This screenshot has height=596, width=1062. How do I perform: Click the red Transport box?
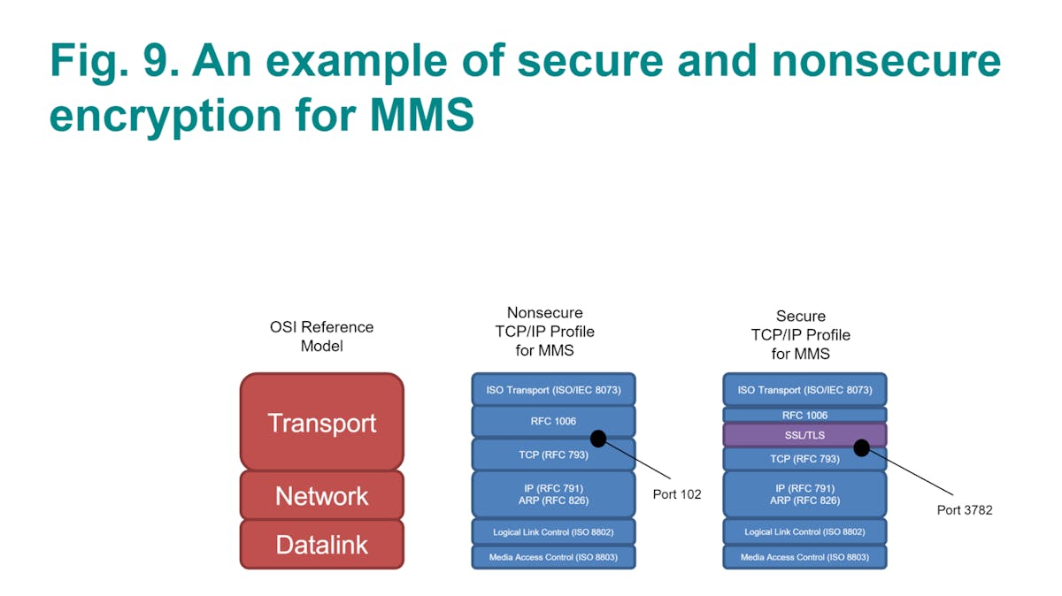coord(321,422)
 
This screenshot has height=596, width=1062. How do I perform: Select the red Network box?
coord(321,495)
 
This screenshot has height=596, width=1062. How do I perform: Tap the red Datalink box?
coord(321,544)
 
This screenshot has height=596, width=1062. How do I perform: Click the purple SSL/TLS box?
coord(804,435)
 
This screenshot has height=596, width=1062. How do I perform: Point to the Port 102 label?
coord(677,494)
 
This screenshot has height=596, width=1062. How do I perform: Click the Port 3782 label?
coord(965,510)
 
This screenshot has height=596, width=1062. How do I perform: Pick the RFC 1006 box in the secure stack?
coord(804,415)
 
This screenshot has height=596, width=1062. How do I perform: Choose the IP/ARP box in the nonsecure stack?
coord(553,494)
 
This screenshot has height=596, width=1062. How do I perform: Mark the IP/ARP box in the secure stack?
coord(804,494)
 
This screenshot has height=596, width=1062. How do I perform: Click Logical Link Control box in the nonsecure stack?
coord(553,531)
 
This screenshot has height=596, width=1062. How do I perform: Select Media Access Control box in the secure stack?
coord(804,557)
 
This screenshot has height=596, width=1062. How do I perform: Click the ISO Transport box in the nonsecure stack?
coord(553,389)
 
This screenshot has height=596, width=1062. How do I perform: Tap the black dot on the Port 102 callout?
coord(598,439)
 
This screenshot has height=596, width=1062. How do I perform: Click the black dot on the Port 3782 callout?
coord(861,448)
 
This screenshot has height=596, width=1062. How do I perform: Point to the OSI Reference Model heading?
coord(321,336)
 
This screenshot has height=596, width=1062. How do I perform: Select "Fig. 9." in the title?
coord(112,60)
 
